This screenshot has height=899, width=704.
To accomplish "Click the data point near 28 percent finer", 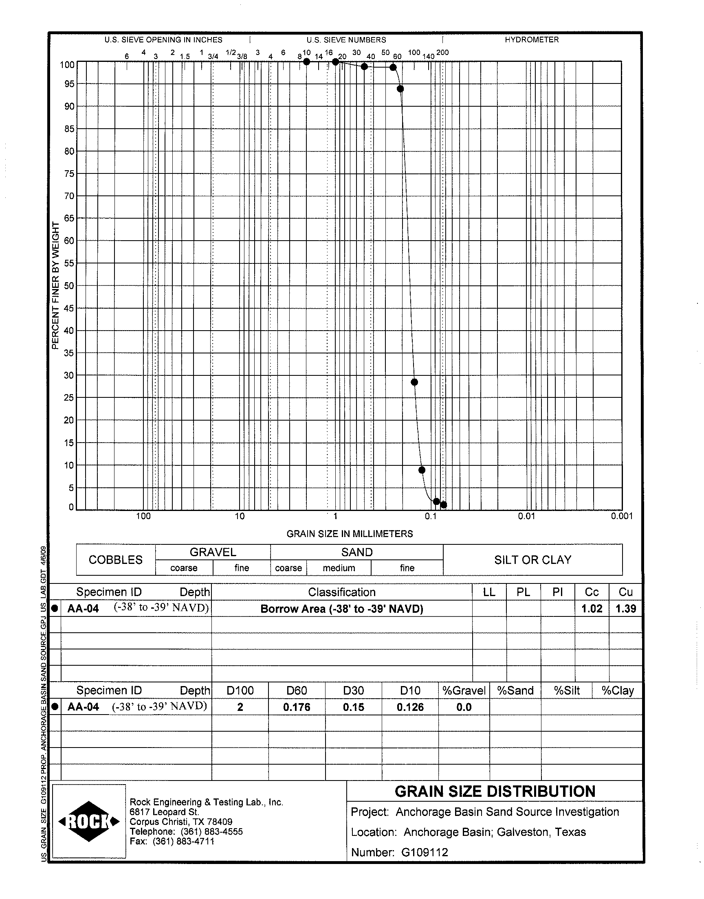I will click(414, 382).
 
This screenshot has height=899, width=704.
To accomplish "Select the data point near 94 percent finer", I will click(400, 89).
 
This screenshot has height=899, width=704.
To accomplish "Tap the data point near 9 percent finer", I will click(422, 470).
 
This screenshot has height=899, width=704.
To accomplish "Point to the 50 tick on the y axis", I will click(69, 286).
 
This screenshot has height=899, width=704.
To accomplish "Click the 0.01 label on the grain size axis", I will click(526, 516).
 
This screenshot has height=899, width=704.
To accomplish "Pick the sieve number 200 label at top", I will click(442, 53).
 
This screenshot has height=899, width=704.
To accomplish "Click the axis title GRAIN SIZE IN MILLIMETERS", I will click(350, 534).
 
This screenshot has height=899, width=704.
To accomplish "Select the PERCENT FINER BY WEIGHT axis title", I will click(56, 285).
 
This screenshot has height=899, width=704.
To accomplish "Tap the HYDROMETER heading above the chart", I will click(532, 40).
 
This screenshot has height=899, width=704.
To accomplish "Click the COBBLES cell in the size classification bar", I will click(115, 560).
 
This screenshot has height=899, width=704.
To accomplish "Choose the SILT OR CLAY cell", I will click(532, 560).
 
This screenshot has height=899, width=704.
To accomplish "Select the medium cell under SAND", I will click(339, 568).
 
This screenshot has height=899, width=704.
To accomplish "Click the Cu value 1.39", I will click(625, 609).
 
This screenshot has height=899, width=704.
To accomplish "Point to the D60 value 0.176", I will click(296, 707).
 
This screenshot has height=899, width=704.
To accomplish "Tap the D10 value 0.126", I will click(410, 707).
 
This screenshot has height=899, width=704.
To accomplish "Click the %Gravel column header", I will click(464, 691).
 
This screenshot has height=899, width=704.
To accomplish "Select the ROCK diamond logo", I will click(89, 822).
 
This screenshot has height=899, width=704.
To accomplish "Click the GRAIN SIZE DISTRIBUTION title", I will click(495, 792).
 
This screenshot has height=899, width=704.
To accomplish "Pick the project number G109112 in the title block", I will click(424, 852).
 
